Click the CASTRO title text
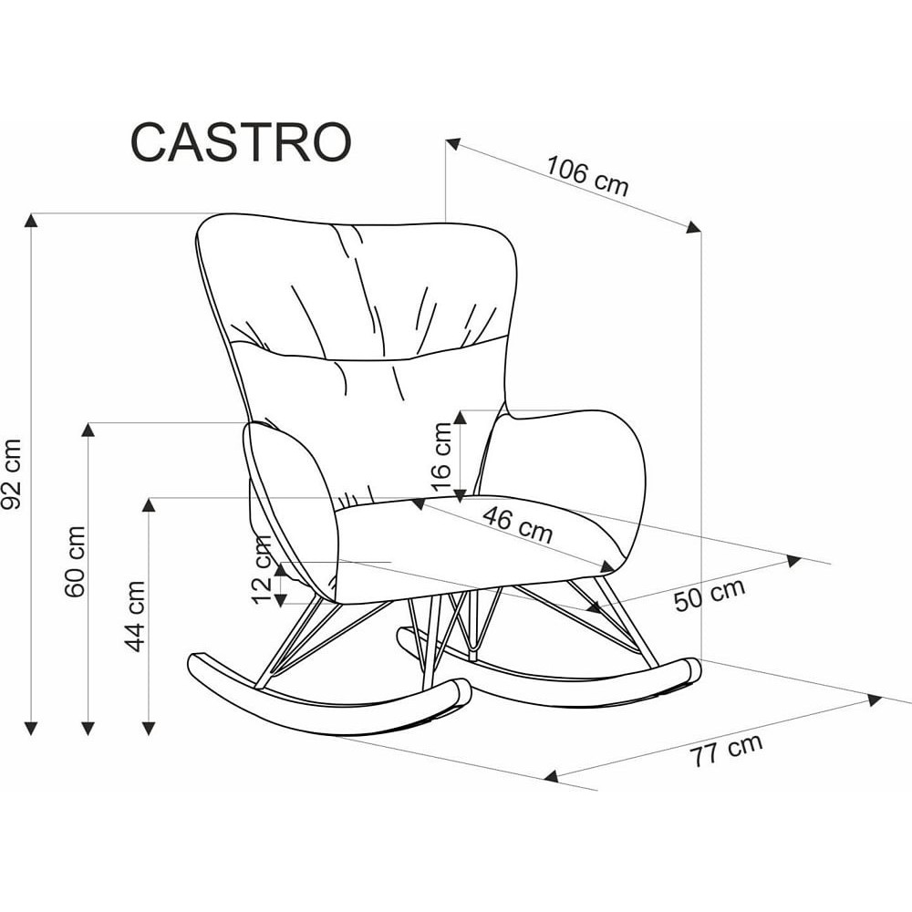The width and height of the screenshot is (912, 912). point(241,142)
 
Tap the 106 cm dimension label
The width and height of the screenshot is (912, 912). point(587,176)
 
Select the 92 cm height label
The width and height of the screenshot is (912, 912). point(12,474)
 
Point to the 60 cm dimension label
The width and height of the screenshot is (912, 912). point(76,561)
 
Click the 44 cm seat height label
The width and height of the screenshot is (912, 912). point(136,617)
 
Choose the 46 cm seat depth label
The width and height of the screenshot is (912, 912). point(517,524)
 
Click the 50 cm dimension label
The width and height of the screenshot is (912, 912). point(710,595)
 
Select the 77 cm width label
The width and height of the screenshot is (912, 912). point(726,750)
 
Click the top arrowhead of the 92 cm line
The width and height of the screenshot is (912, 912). point(31,220)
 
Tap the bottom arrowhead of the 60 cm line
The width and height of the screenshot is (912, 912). point(88,728)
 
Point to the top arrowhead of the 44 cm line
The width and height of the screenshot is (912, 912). point(149,504)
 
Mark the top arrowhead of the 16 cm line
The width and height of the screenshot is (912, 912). point(461,417)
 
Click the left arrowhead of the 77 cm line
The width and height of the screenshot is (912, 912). point(551,776)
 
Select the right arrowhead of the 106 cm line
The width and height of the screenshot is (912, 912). point(693,227)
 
